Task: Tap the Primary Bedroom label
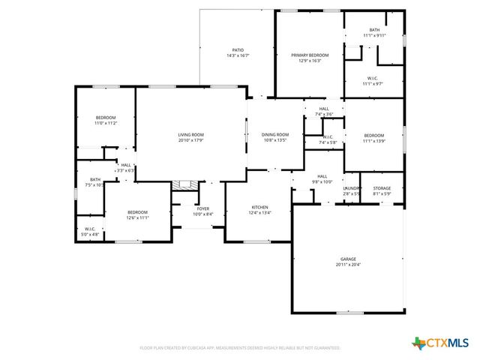tap(310, 55)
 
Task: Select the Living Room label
tap(190, 134)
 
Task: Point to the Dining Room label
tap(274, 134)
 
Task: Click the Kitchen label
tap(259, 207)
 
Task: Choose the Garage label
tap(348, 259)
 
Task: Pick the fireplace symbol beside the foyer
tap(184, 184)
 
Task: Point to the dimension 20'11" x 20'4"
tap(348, 265)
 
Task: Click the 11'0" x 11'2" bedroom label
tap(106, 118)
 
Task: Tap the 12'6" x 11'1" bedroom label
tap(137, 212)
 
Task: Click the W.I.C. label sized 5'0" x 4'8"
tap(89, 229)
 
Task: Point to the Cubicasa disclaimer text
tap(240, 348)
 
